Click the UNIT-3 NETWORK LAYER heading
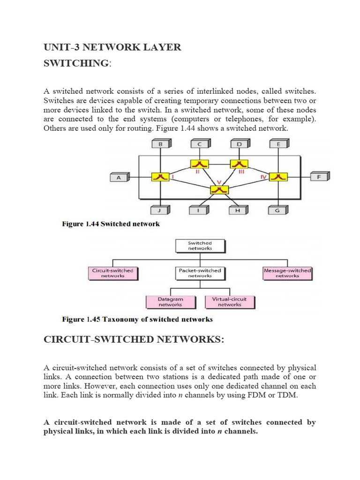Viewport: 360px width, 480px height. [x=112, y=47]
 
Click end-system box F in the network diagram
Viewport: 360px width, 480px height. [x=320, y=177]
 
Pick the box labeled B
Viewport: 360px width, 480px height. [x=160, y=145]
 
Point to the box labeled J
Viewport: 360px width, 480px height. [x=160, y=210]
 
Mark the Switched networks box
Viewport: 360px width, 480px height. [x=200, y=246]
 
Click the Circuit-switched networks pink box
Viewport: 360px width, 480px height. [x=113, y=273]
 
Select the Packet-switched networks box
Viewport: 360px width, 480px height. [x=200, y=273]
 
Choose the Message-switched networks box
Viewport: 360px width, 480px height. [x=287, y=273]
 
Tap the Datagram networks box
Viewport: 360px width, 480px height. [x=170, y=301]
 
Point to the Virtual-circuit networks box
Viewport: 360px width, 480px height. [x=230, y=301]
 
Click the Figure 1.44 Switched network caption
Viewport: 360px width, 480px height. [x=111, y=224]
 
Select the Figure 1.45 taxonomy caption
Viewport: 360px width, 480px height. [x=137, y=320]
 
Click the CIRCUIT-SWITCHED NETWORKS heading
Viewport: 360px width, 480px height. [x=134, y=339]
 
